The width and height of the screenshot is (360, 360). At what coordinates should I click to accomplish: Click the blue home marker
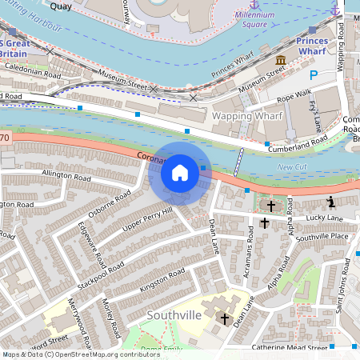click(180, 172)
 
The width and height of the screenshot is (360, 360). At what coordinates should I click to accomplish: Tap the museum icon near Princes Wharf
click(281, 61)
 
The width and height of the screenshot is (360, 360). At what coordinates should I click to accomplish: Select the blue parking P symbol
click(314, 75)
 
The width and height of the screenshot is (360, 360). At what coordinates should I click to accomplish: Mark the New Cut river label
click(290, 166)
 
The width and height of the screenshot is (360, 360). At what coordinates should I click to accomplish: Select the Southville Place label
click(322, 237)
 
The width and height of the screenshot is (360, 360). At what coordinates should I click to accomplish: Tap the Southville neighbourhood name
click(172, 315)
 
